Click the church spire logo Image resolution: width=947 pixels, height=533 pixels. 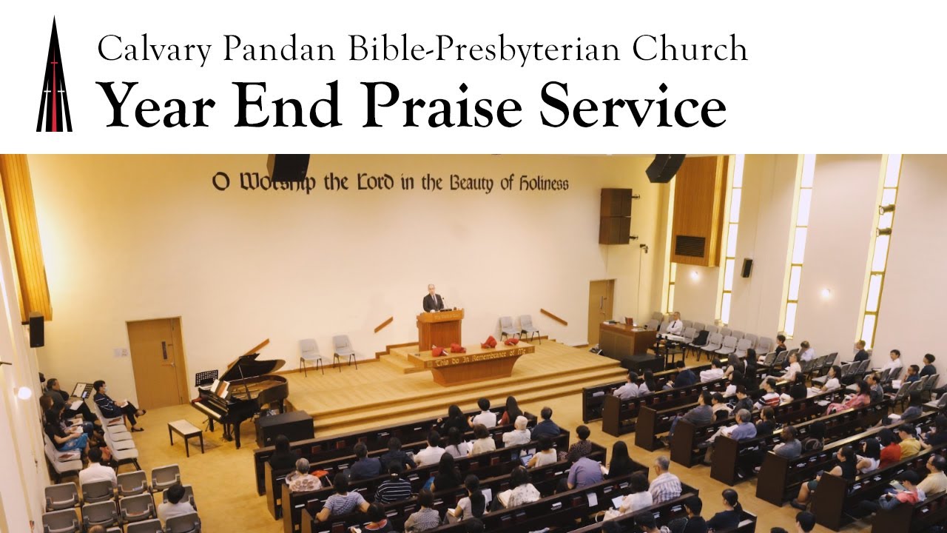[54, 78]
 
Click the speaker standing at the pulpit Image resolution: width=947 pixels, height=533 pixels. [433, 300]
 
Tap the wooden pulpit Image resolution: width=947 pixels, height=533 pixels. [439, 329]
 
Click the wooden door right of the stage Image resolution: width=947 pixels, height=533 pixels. [600, 311]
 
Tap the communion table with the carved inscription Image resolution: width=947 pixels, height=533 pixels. [480, 363]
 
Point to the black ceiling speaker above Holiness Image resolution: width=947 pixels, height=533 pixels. [665, 168]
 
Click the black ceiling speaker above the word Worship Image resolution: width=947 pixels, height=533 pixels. [288, 167]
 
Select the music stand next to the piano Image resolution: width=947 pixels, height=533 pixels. [206, 378]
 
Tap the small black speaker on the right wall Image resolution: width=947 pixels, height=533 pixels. [747, 267]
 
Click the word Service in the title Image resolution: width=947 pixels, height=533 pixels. [633, 105]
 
